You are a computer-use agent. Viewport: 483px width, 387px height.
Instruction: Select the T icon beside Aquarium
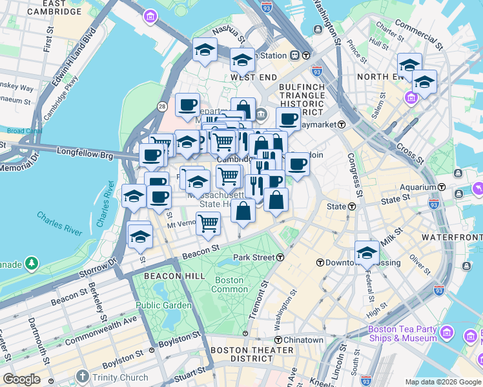(x=442, y=186)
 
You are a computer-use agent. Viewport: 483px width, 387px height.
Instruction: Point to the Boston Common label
(x=229, y=284)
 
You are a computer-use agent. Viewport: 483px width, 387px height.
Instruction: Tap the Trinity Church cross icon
(x=82, y=377)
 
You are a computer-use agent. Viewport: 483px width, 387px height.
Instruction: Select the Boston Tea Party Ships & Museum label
(x=402, y=333)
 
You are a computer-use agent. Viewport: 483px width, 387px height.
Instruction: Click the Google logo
(x=21, y=379)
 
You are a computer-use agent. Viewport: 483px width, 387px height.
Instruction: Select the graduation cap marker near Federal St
(x=367, y=252)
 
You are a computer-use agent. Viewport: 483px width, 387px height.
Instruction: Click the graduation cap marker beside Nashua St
(x=205, y=50)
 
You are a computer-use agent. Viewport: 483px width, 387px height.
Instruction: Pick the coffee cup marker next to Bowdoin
(x=297, y=164)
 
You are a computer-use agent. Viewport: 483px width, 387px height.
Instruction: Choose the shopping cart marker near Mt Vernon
(x=209, y=223)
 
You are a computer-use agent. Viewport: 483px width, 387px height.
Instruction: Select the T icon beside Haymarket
(x=341, y=124)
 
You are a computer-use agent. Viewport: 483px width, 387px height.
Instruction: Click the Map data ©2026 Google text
(x=442, y=382)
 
